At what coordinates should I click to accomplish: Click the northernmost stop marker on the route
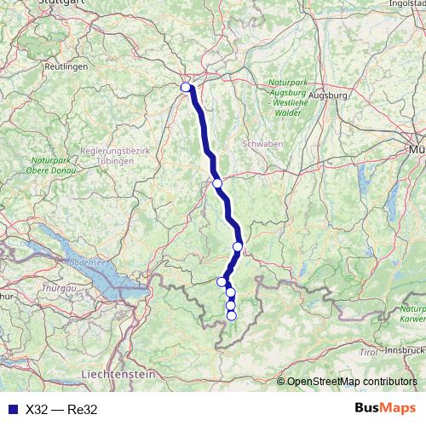pyautogui.click(x=186, y=87)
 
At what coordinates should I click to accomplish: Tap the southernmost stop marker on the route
pyautogui.click(x=231, y=316)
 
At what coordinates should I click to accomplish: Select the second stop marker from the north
pyautogui.click(x=217, y=183)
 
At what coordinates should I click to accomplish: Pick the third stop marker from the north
pyautogui.click(x=238, y=247)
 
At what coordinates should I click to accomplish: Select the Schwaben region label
pyautogui.click(x=262, y=144)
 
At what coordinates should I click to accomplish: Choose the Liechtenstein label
pyautogui.click(x=118, y=374)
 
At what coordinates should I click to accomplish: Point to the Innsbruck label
pyautogui.click(x=402, y=350)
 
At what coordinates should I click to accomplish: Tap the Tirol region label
pyautogui.click(x=368, y=351)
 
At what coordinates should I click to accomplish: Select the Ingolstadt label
pyautogui.click(x=407, y=3)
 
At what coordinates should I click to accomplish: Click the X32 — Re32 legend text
pyautogui.click(x=61, y=409)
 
